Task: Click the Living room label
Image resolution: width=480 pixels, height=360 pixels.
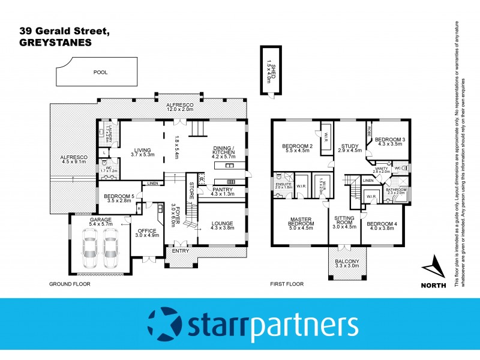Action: tap(142, 152)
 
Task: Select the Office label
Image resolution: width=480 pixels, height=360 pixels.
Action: tap(147, 233)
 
